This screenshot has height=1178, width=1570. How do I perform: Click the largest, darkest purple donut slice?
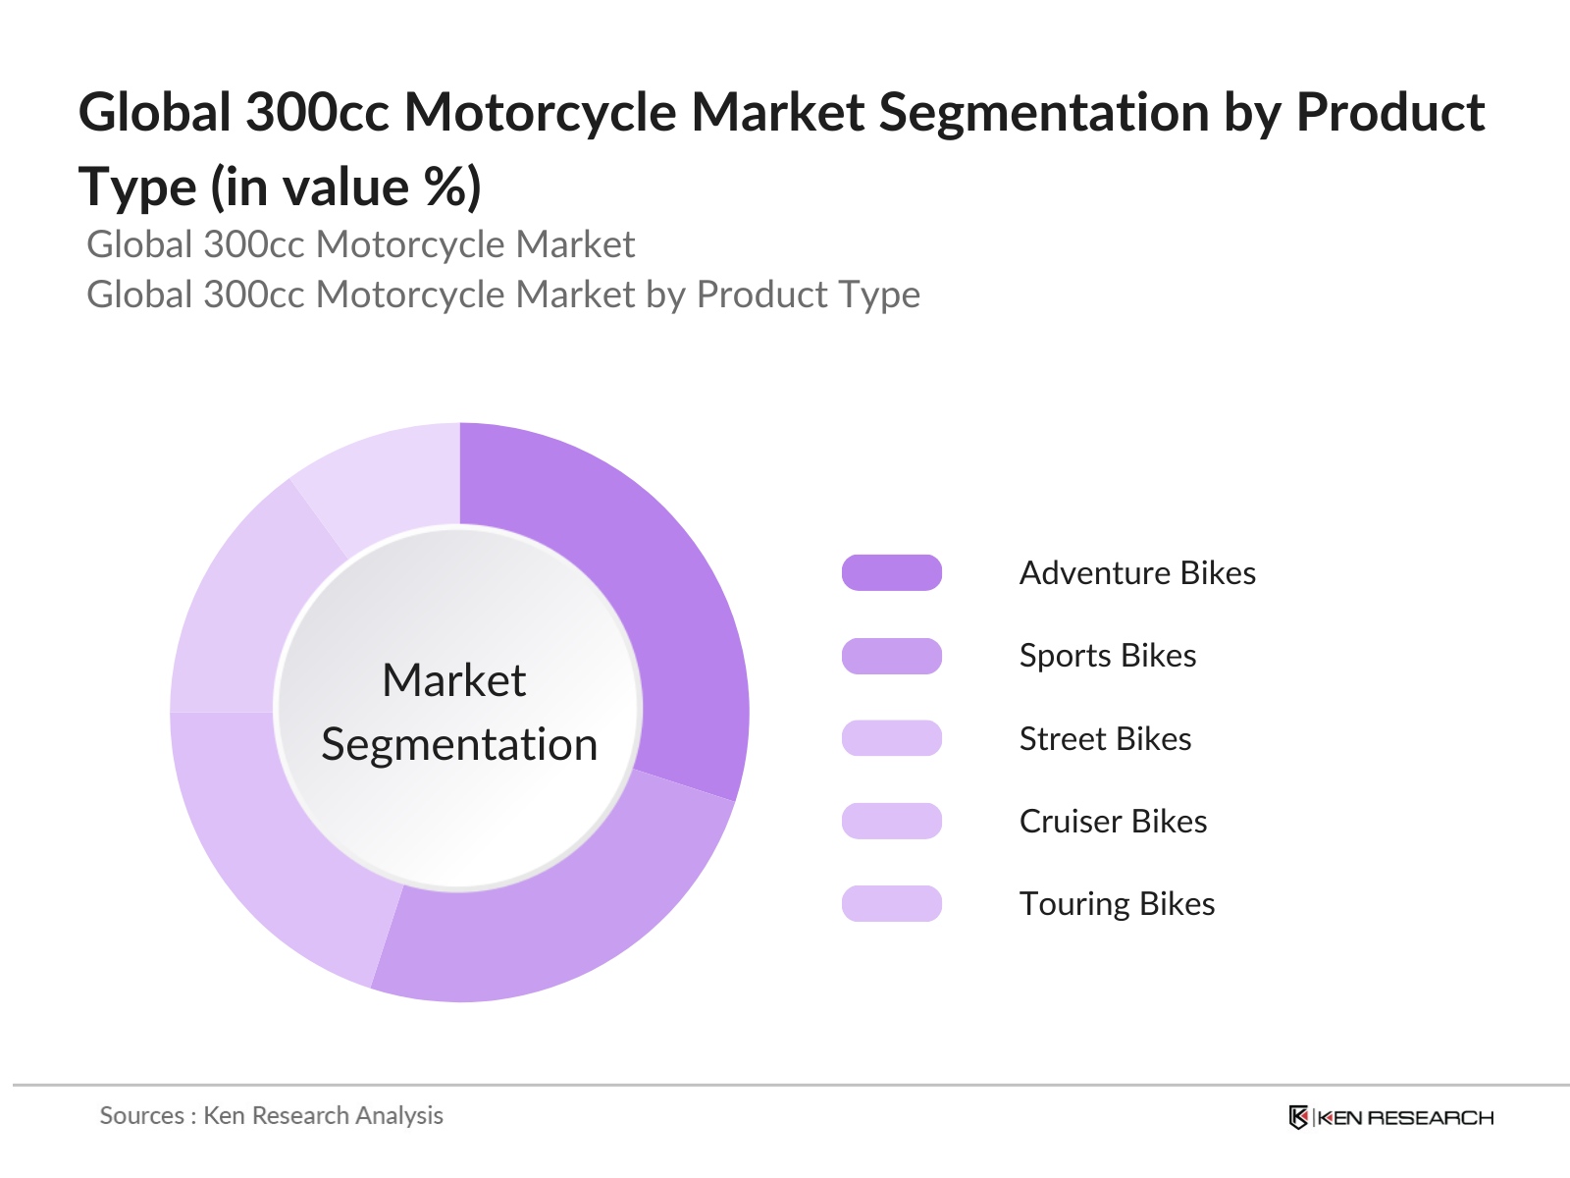pyautogui.click(x=667, y=609)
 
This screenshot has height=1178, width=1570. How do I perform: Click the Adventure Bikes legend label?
pyautogui.click(x=1137, y=573)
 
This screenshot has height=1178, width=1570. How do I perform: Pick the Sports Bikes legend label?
pyautogui.click(x=1108, y=656)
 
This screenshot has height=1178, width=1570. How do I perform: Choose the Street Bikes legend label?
pyautogui.click(x=1105, y=739)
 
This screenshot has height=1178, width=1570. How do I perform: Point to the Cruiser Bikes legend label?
pyautogui.click(x=1113, y=822)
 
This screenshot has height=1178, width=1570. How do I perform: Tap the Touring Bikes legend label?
pyautogui.click(x=1117, y=904)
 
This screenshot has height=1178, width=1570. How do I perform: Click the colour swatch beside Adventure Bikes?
pyautogui.click(x=892, y=573)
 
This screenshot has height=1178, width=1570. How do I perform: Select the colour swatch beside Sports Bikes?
pyautogui.click(x=892, y=656)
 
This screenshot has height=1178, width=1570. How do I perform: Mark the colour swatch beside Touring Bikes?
pyautogui.click(x=892, y=904)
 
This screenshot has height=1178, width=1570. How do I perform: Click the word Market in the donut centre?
pyautogui.click(x=454, y=680)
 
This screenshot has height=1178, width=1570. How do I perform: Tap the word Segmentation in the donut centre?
pyautogui.click(x=459, y=744)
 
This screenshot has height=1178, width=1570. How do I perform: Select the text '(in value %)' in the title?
pyautogui.click(x=346, y=187)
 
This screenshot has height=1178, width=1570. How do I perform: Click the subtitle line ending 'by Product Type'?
pyautogui.click(x=503, y=294)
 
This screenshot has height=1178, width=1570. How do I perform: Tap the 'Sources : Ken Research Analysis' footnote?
pyautogui.click(x=272, y=1116)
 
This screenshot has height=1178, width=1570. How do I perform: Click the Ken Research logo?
pyautogui.click(x=1391, y=1117)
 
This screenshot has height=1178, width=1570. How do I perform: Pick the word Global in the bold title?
pyautogui.click(x=154, y=112)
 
